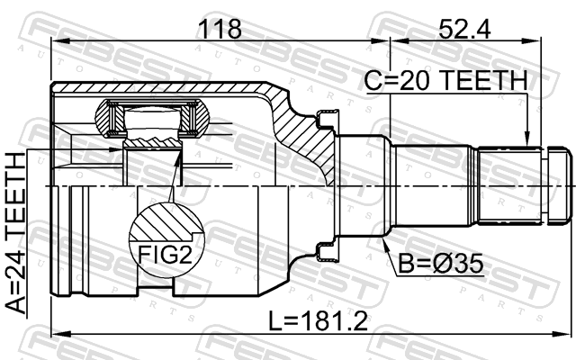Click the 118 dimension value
(x=220, y=29)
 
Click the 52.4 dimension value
(x=464, y=29)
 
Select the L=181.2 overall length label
(x=318, y=320)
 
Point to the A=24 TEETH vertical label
(x=16, y=234)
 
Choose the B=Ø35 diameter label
(x=441, y=264)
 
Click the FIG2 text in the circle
(x=165, y=254)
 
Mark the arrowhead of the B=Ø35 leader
(x=385, y=245)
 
